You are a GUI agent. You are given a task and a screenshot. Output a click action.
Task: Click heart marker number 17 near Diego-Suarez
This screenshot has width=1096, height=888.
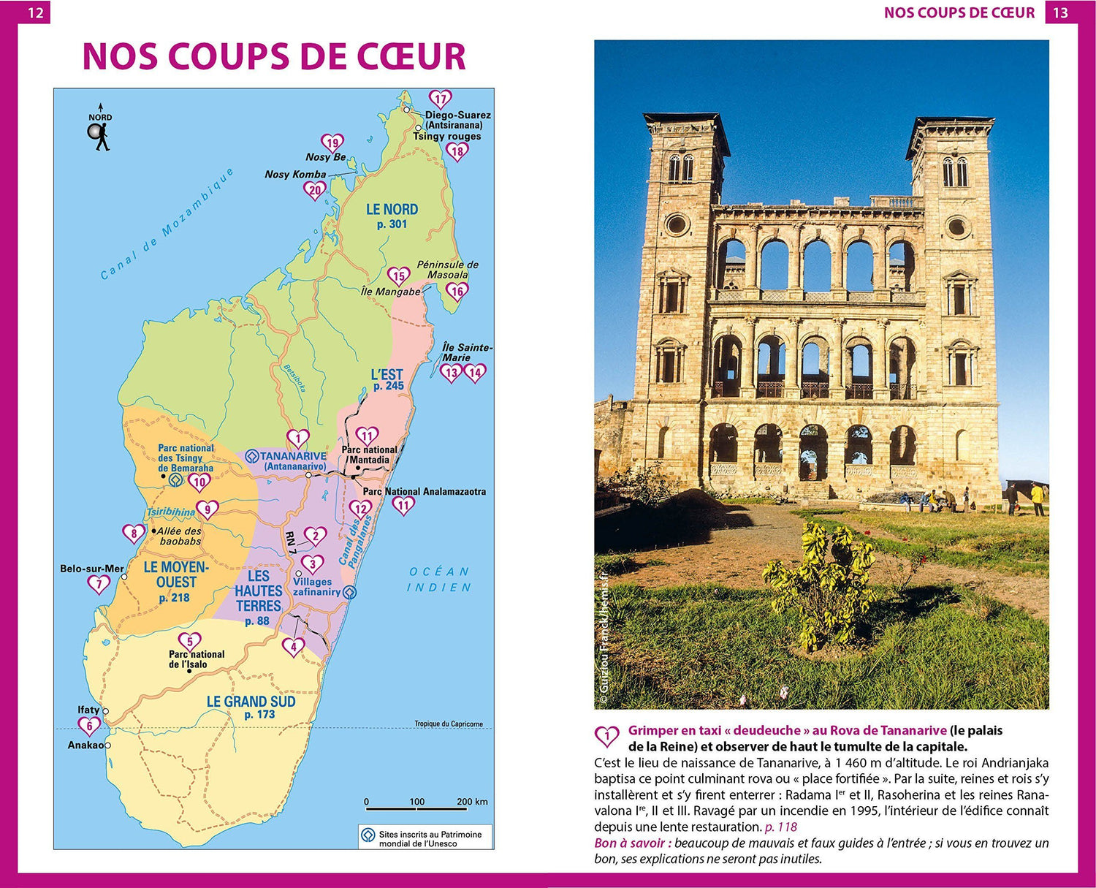440,99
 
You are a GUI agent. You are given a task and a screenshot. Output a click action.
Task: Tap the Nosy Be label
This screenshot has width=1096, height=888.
326,157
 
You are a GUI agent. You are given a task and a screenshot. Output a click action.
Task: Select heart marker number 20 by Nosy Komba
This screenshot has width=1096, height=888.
314,191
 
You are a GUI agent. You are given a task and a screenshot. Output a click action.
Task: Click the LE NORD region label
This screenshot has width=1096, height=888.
392,210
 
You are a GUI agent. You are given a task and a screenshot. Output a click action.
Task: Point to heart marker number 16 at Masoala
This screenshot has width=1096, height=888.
457,291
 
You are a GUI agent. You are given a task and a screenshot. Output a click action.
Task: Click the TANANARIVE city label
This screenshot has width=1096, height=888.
293,456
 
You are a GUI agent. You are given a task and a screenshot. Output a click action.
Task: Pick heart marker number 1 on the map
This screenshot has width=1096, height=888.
297,439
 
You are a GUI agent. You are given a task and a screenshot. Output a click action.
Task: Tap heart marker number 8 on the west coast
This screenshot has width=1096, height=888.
134,534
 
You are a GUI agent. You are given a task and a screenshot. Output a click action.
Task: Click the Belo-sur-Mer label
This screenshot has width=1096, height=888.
92,569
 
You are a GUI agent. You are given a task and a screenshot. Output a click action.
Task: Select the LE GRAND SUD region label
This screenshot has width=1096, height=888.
251,702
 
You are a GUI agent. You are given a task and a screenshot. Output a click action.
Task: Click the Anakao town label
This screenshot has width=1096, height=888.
85,745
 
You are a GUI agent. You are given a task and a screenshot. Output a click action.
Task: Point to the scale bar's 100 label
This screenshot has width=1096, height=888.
416,802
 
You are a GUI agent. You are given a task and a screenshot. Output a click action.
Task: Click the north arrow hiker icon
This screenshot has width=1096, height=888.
100,136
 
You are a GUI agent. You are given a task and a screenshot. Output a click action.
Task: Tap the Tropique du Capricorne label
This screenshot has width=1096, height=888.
449,724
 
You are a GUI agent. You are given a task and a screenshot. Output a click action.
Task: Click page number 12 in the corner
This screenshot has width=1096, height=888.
34,12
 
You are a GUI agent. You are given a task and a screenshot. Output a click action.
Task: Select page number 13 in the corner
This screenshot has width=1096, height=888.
1060,12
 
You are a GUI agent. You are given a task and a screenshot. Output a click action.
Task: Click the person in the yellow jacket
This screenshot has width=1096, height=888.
1037,497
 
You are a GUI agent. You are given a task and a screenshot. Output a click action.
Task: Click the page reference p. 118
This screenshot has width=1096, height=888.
780,827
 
